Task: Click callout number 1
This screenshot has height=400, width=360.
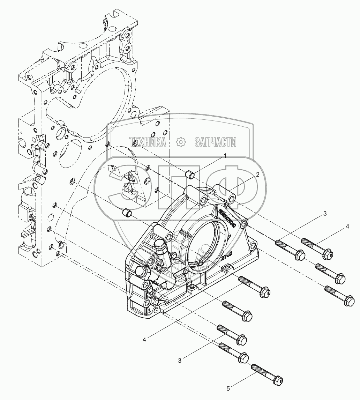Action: (x=225, y=156)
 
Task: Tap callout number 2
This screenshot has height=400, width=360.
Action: (x=257, y=175)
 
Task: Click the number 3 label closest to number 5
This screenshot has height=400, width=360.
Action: (x=179, y=361)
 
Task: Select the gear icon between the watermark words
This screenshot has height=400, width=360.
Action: (x=180, y=142)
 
